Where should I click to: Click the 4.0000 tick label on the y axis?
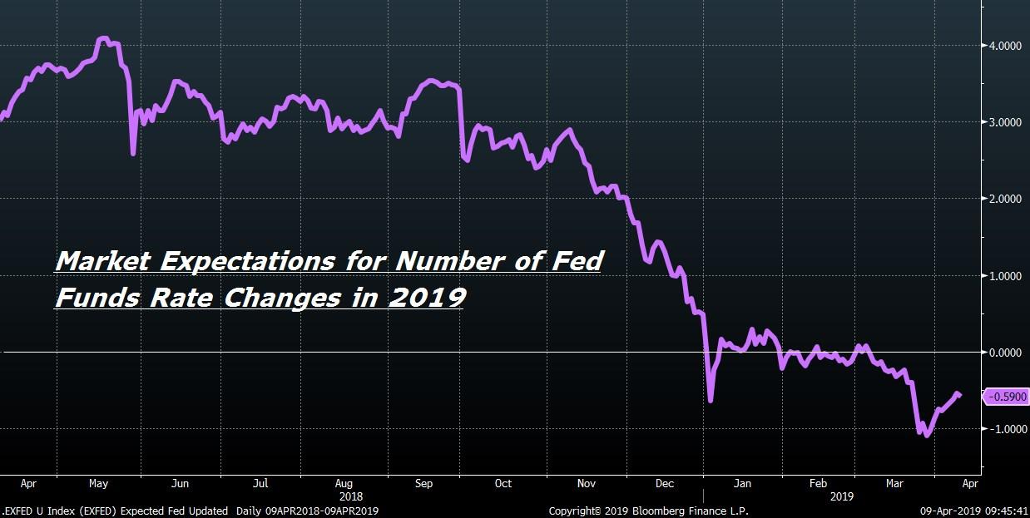pos(1005,46)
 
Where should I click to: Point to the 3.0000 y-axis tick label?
pos(1005,122)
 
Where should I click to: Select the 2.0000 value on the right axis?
pos(1005,199)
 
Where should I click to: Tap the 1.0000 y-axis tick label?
pos(1005,276)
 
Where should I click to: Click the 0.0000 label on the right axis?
pos(1005,353)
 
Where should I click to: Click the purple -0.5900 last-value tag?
pos(1006,397)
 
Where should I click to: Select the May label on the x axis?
pos(98,484)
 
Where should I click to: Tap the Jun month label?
pos(180,484)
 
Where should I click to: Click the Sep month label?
pos(423,484)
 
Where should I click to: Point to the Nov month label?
pos(587,484)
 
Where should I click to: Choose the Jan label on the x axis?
pos(742,484)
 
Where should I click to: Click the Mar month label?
pos(894,484)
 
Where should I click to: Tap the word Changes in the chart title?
pos(282,298)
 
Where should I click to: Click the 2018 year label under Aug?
pos(351,497)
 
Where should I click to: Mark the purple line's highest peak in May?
pos(103,38)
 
